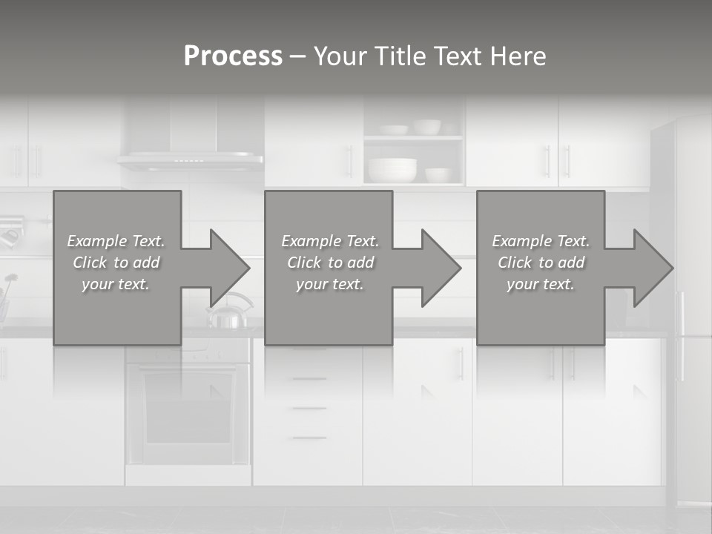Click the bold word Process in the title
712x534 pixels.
pos(233,56)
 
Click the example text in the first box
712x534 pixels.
pos(116,263)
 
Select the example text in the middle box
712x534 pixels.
pos(330,263)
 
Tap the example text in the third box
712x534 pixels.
pos(541,263)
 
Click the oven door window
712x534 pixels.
pos(187,407)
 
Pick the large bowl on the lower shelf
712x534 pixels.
pos(392,170)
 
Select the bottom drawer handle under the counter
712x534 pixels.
pos(309,438)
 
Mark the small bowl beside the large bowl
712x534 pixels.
pos(438,175)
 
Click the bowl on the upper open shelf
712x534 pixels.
pos(426,127)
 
